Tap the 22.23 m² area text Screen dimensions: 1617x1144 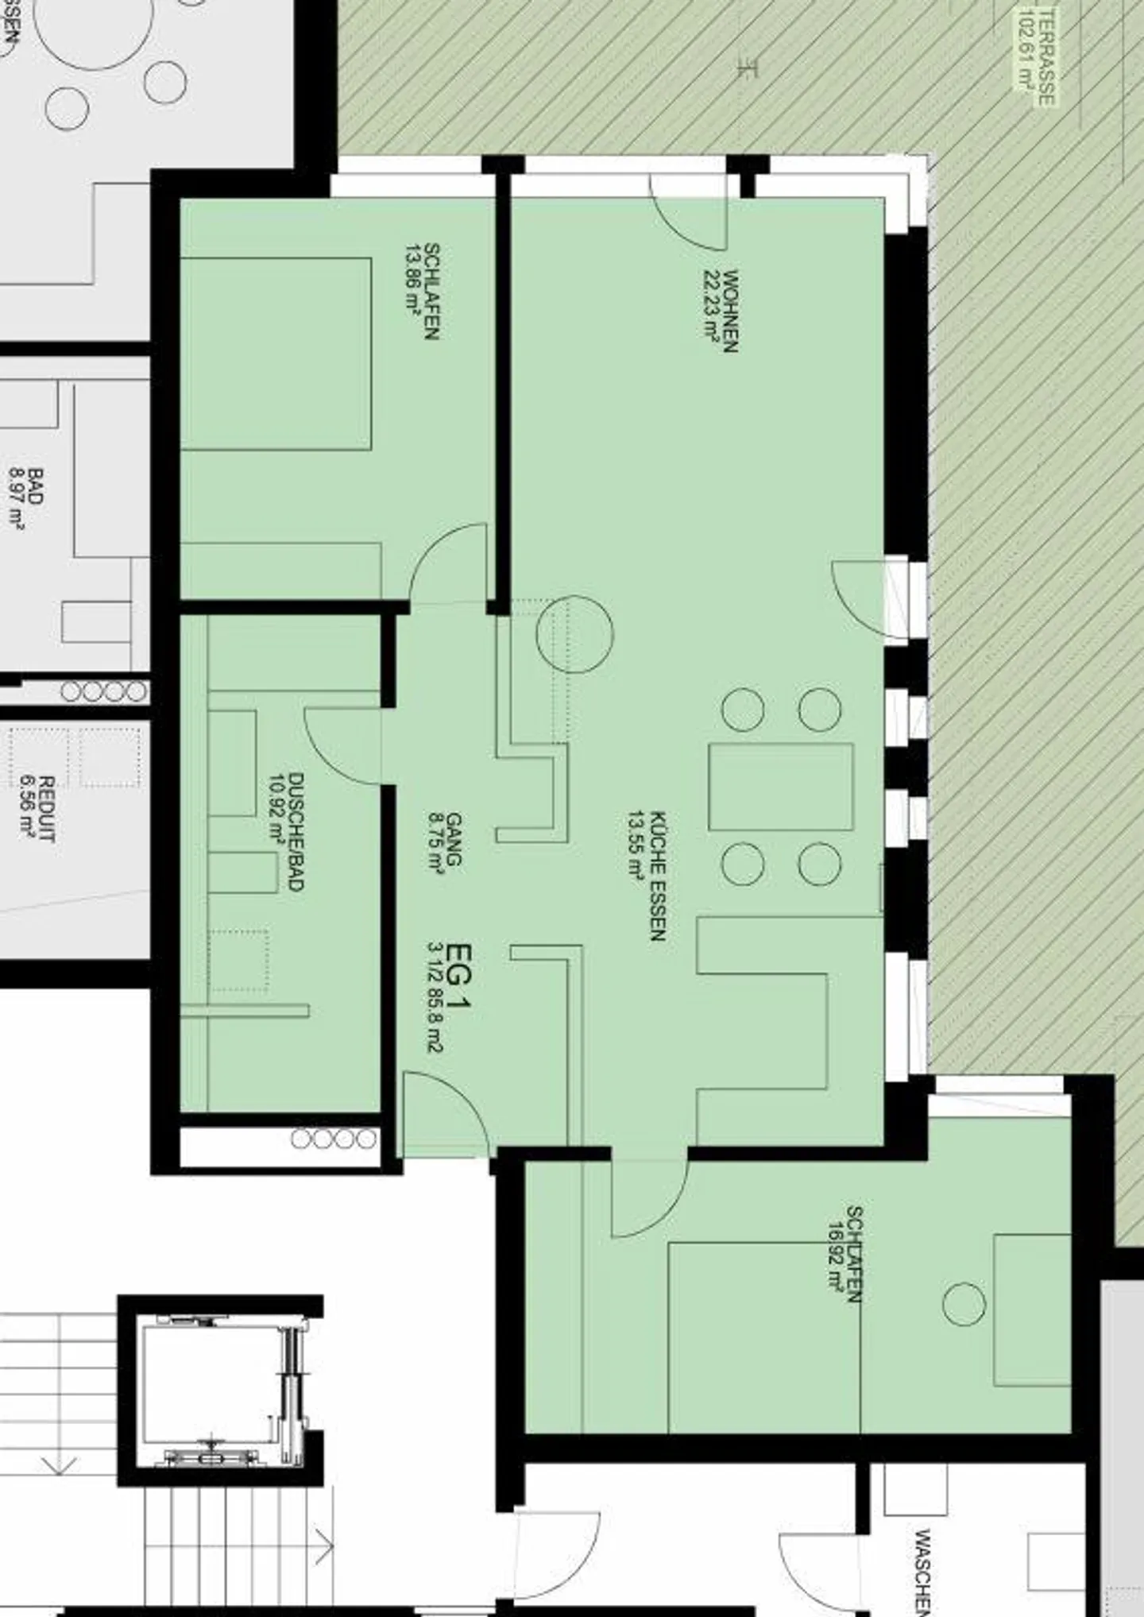710,305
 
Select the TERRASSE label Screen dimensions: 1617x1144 1048,56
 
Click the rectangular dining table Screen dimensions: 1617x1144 781,787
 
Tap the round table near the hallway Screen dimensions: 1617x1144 574,634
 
